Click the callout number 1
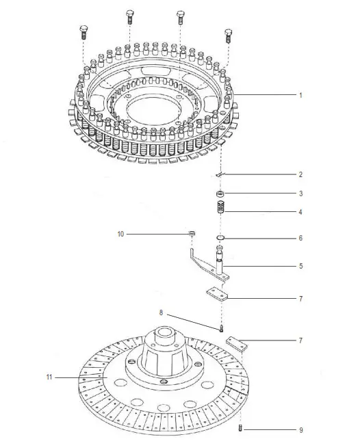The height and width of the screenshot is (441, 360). [300, 96]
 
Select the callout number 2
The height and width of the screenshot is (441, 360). [300, 174]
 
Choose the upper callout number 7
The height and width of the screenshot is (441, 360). [300, 299]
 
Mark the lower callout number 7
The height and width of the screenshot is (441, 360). [300, 340]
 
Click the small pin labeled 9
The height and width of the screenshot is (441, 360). [240, 429]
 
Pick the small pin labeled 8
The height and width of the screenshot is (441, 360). [222, 329]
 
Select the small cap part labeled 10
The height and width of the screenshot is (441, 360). [193, 236]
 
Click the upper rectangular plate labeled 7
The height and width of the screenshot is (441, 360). [217, 293]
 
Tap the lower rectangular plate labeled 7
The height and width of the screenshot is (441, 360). [236, 344]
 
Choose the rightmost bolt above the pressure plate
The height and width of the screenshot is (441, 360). [227, 34]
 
